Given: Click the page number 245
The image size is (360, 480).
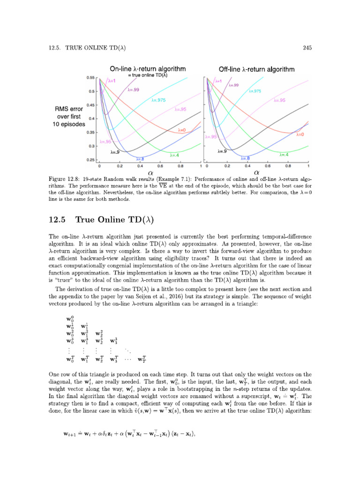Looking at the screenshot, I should (308, 47).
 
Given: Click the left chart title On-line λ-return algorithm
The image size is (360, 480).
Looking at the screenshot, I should (148, 68).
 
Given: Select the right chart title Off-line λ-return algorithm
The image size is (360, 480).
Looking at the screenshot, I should (256, 69).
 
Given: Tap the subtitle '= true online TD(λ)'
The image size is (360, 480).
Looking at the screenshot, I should (148, 75).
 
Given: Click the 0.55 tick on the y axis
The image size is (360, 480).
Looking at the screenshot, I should (90, 77).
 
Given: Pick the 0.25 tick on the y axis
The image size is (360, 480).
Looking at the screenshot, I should (90, 160).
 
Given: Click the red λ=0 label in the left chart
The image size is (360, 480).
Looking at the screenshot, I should (183, 130).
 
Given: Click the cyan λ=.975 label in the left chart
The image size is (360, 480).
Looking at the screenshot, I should (158, 100).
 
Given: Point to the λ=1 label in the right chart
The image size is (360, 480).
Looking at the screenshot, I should (217, 81).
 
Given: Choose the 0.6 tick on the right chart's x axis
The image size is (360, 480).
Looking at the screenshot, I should (268, 166).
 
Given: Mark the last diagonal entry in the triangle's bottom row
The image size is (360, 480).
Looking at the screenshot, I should (141, 360).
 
